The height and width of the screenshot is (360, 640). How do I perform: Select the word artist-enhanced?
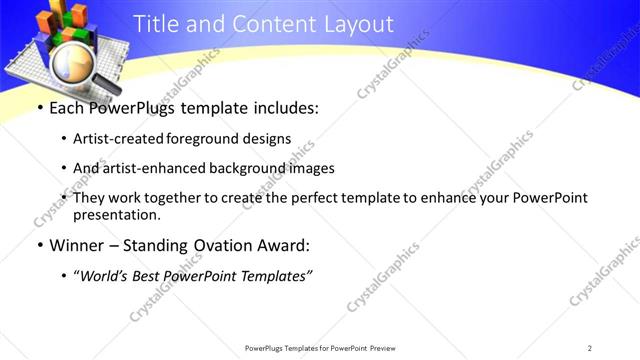[x=156, y=168]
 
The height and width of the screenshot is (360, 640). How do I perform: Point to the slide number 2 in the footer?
[x=590, y=347]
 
